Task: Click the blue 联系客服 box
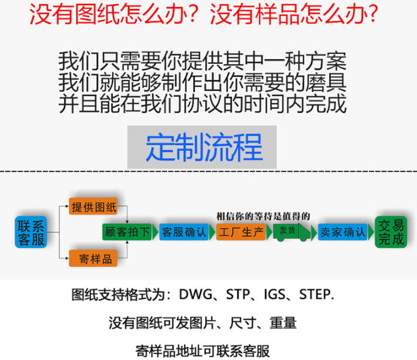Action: [x=30, y=232]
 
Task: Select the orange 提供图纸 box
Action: [x=93, y=206]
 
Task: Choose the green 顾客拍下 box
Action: [x=126, y=232]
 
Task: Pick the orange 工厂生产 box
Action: [x=240, y=232]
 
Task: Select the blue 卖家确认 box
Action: [x=343, y=232]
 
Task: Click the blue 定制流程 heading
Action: [x=203, y=147]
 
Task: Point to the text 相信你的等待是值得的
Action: [x=263, y=215]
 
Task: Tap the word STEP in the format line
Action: [x=316, y=294]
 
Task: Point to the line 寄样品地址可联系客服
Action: [x=202, y=351]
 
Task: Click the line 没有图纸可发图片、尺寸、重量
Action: [x=202, y=322]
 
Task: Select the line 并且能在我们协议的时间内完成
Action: [x=202, y=104]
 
